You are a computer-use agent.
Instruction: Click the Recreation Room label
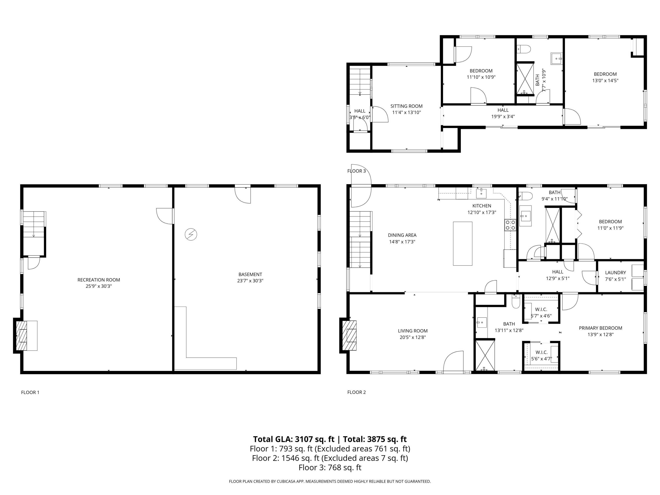click(99, 280)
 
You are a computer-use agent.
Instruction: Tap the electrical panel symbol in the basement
click(191, 235)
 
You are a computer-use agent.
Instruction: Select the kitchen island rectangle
click(462, 244)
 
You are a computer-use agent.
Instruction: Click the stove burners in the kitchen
click(510, 225)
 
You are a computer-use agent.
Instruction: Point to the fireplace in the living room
click(349, 335)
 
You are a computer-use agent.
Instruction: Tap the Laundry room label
click(615, 272)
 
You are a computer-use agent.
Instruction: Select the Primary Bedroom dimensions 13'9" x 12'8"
click(600, 334)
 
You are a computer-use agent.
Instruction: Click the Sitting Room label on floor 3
click(406, 106)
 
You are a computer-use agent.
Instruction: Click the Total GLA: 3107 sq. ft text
click(294, 439)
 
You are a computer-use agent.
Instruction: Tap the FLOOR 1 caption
click(30, 392)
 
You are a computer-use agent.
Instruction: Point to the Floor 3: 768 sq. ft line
click(330, 467)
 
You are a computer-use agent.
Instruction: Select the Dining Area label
click(402, 235)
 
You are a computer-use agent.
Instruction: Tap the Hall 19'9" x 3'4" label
click(503, 110)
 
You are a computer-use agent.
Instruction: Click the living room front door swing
click(453, 362)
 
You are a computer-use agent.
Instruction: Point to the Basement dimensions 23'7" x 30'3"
click(250, 281)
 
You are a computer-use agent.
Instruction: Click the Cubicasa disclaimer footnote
click(330, 481)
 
